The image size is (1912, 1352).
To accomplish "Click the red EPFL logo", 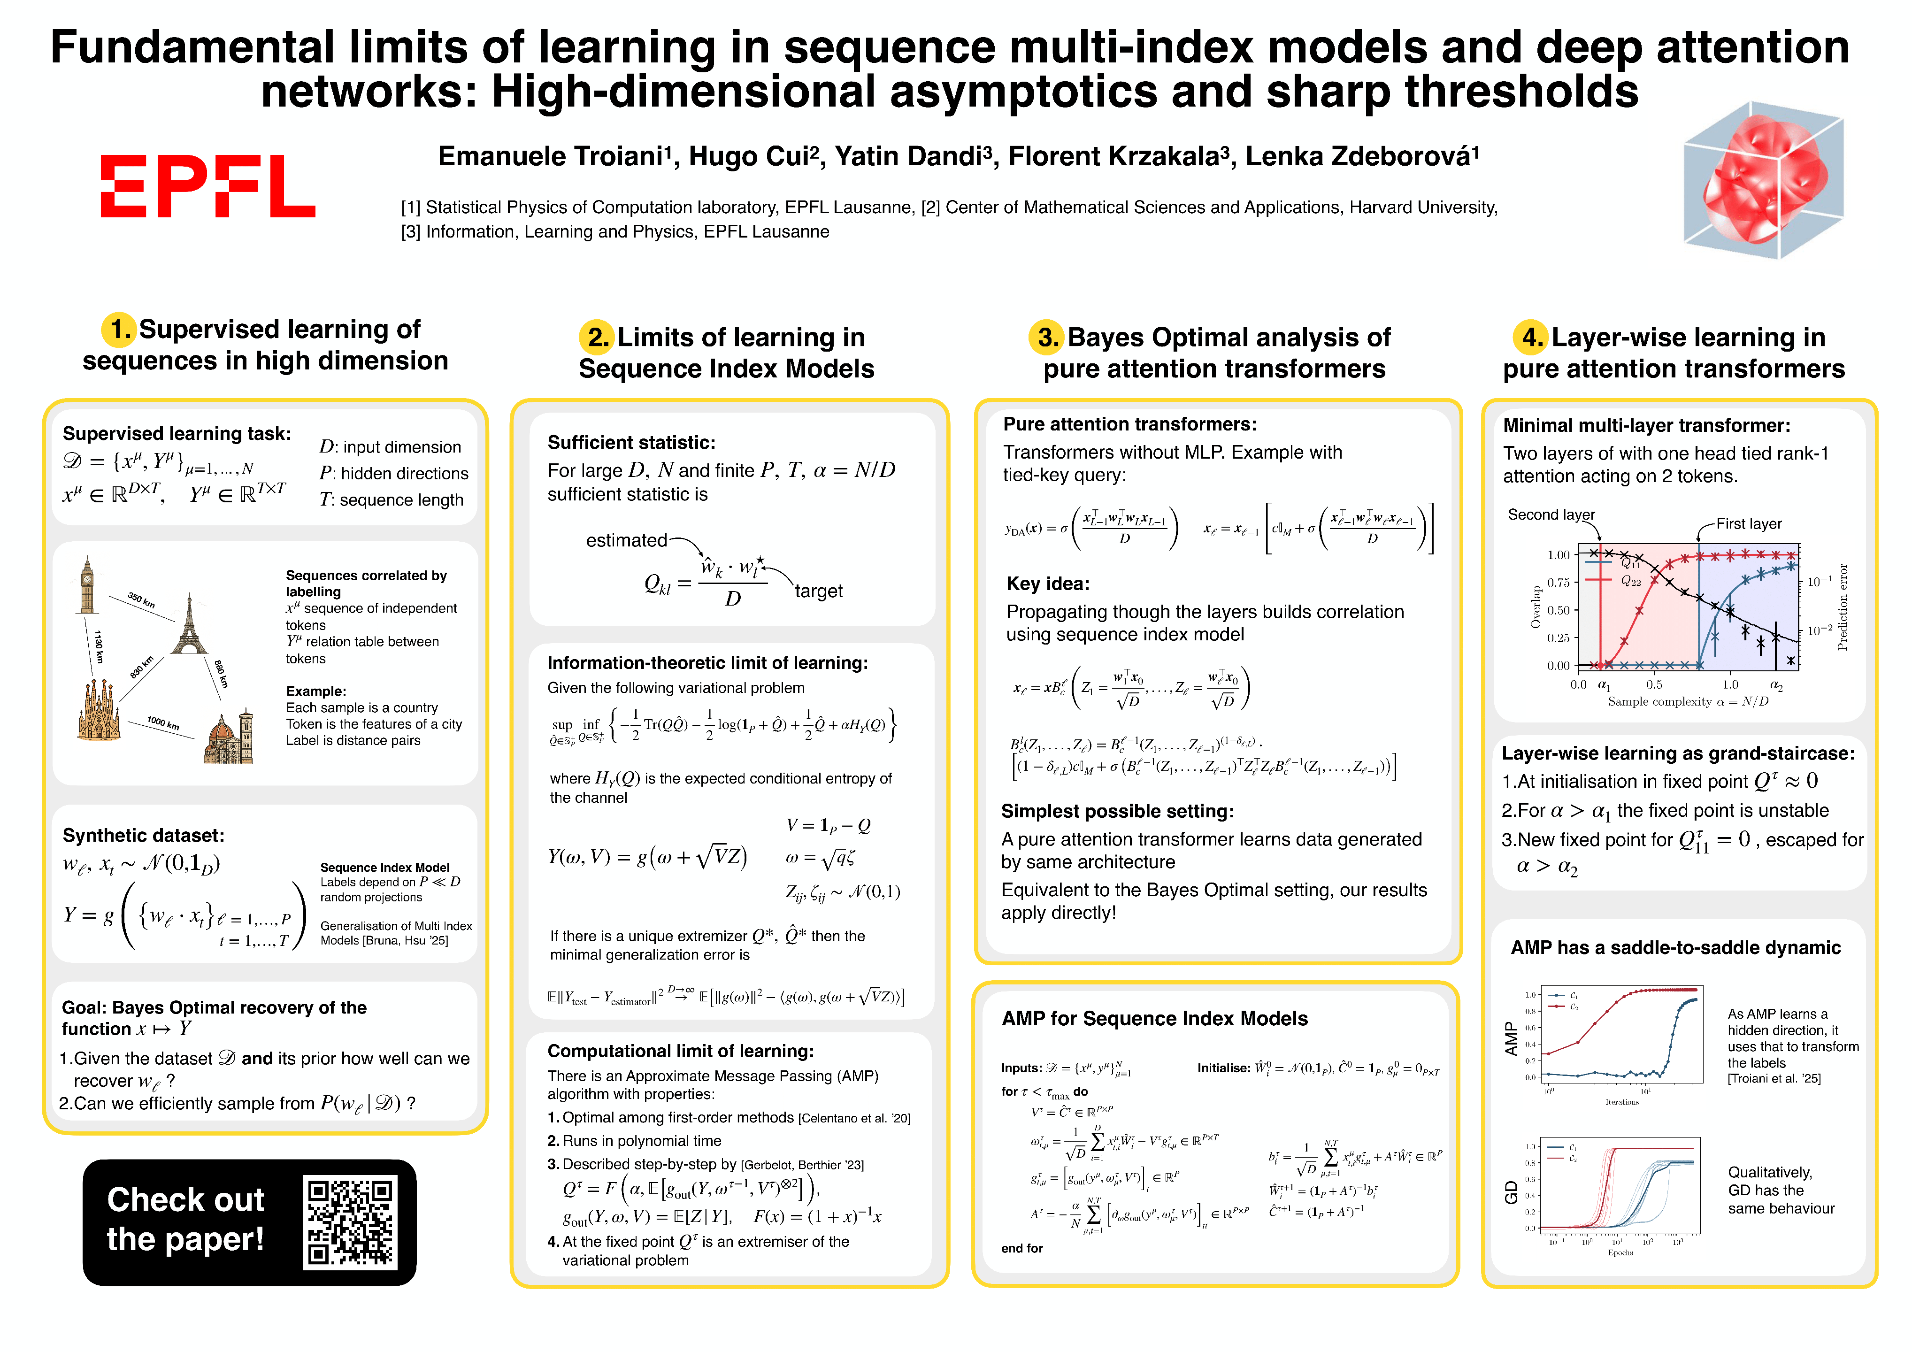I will (207, 186).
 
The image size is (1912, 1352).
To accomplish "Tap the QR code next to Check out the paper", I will (350, 1222).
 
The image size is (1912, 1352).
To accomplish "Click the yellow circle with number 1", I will (118, 330).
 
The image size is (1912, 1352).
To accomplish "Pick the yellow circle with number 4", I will (1530, 338).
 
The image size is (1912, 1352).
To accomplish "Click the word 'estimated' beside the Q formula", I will (626, 541).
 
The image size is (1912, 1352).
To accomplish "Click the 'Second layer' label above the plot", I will (1551, 515).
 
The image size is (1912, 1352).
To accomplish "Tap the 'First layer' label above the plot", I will (1748, 524).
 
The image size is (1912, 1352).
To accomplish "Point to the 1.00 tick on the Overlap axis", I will (1558, 555).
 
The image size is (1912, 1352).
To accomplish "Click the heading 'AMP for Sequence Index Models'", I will (1154, 1018).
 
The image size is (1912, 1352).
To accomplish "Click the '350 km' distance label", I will (142, 600).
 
